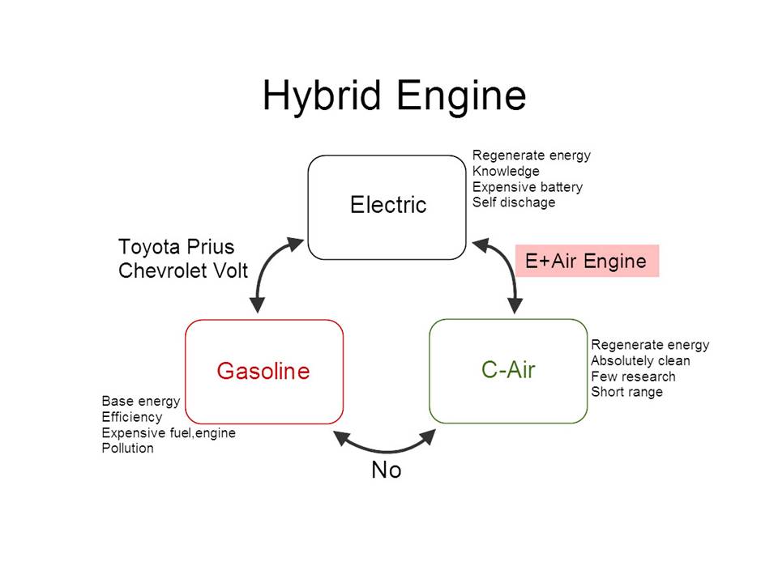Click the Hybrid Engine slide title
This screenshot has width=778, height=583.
[395, 96]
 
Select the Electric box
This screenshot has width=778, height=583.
[387, 206]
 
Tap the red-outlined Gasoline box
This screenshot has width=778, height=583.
[263, 371]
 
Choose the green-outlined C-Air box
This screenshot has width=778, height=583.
[508, 371]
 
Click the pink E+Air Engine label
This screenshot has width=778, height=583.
[586, 262]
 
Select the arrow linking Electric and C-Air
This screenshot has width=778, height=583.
[506, 275]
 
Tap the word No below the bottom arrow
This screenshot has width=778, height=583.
[386, 470]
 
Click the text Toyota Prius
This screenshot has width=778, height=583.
[175, 247]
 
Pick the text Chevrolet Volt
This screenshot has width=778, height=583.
[183, 270]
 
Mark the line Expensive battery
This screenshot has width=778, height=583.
[527, 187]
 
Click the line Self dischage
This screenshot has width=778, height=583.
[514, 202]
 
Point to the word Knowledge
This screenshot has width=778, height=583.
[506, 172]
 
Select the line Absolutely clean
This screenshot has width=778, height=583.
[640, 360]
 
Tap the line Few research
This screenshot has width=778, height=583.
[633, 377]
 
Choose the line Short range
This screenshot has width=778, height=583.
[626, 392]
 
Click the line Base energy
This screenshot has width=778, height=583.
[140, 402]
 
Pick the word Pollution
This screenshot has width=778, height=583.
[127, 448]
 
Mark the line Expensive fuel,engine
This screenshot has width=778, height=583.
[169, 432]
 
